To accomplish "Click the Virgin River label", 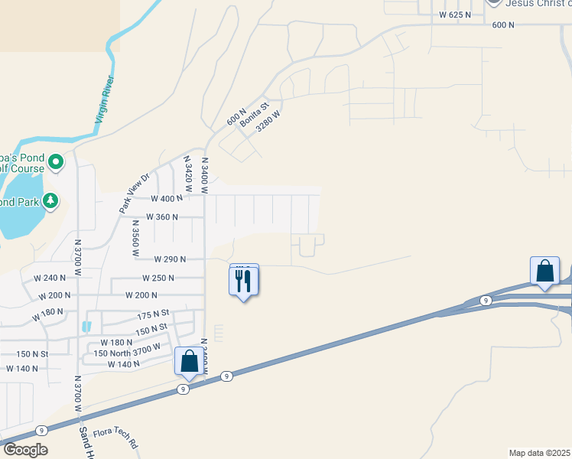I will (x=106, y=100).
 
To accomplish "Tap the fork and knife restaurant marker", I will (x=244, y=281).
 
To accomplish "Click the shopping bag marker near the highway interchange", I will (x=545, y=272).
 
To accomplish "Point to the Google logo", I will (x=24, y=450).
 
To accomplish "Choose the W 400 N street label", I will (x=167, y=198).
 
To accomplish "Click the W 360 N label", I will (x=162, y=216).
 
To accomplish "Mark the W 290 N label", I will (x=169, y=259).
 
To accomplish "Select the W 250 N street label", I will (x=158, y=278).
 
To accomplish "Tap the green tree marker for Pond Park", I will (x=51, y=201).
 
